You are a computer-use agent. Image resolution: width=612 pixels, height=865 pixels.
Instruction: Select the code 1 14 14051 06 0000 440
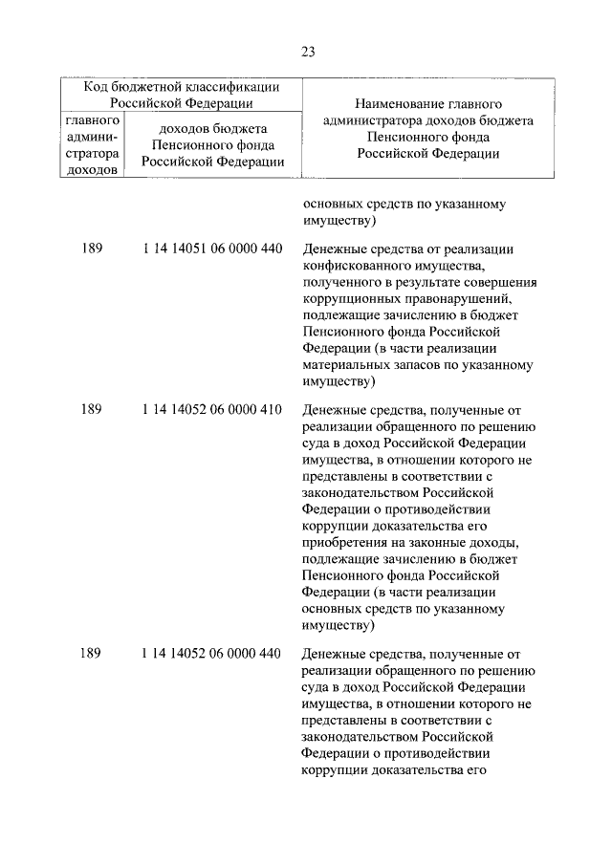pos(210,249)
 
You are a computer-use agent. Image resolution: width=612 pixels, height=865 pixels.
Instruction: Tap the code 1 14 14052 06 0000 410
pos(210,409)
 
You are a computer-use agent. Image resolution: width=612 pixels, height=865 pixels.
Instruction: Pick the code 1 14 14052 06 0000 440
pos(210,654)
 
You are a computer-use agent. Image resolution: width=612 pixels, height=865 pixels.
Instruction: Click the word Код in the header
pos(98,87)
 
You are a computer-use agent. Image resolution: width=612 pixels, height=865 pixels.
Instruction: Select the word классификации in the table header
pos(229,87)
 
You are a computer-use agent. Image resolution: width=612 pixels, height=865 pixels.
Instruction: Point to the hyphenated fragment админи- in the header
pos(93,137)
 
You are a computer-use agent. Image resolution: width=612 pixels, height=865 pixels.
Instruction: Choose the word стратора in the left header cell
pos(93,153)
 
